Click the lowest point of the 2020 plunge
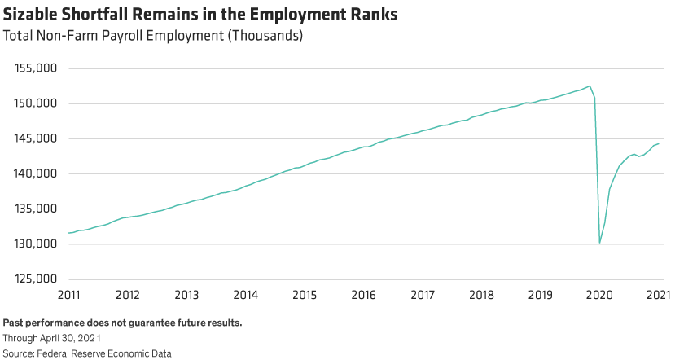pyautogui.click(x=600, y=243)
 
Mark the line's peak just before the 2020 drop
pyautogui.click(x=590, y=86)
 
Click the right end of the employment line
pyautogui.click(x=658, y=143)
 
